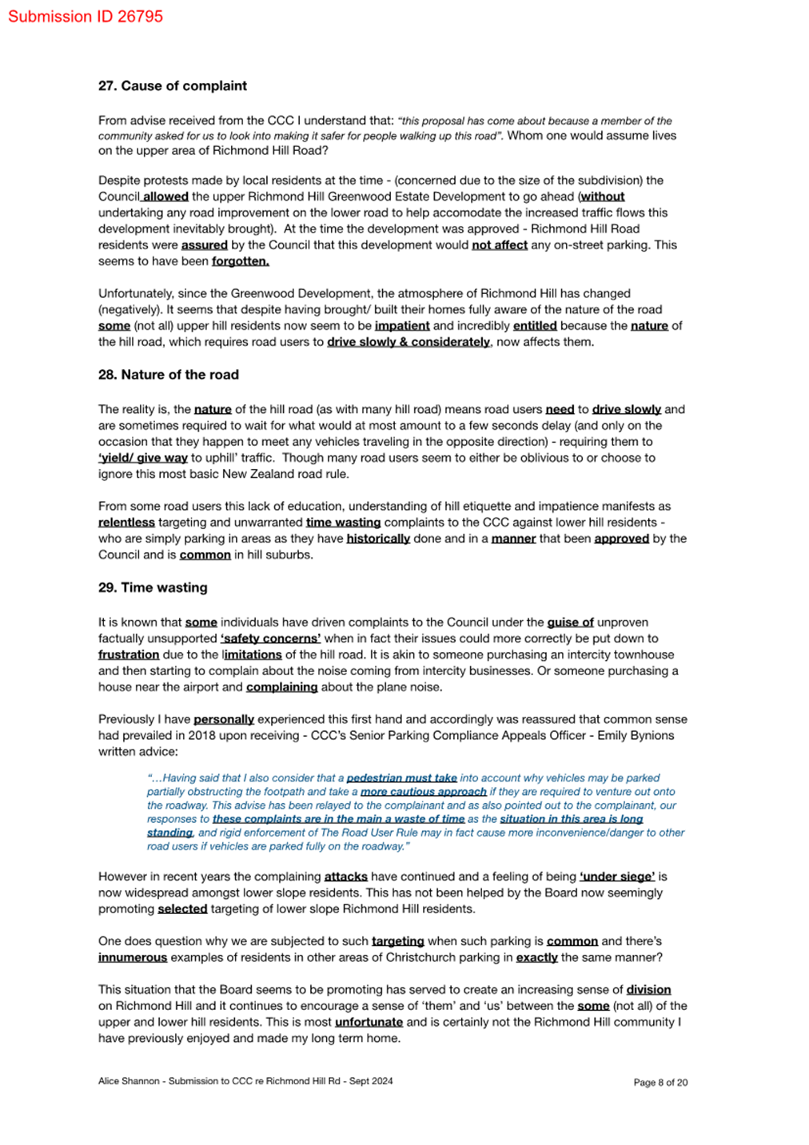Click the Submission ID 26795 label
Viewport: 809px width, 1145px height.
click(86, 17)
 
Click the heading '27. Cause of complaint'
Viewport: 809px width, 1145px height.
click(172, 86)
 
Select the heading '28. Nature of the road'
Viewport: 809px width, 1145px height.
click(168, 375)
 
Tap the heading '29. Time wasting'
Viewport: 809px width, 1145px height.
click(153, 588)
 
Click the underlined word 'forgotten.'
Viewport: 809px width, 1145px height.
click(240, 261)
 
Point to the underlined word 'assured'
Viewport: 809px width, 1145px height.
click(205, 245)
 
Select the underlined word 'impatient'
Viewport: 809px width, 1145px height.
click(402, 326)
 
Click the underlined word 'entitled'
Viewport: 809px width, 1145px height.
click(535, 326)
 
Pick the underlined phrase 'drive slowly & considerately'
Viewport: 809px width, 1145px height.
click(408, 342)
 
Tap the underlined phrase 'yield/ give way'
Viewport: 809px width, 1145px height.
click(143, 458)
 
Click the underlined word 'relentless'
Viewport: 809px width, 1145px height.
click(126, 523)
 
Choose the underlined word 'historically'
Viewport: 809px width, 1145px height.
click(378, 539)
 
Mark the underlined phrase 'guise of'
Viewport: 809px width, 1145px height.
click(570, 622)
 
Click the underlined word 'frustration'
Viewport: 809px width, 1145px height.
click(129, 654)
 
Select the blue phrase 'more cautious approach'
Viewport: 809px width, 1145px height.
click(424, 792)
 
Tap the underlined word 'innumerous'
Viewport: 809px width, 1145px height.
click(133, 957)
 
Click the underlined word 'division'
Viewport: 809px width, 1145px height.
click(648, 989)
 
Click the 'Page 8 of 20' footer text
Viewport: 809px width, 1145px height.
click(660, 1083)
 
